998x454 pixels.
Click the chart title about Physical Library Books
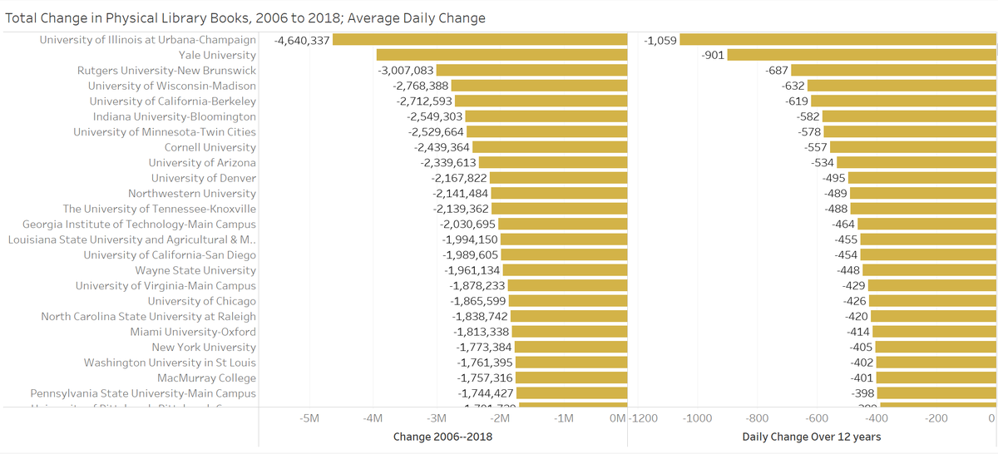pos(245,17)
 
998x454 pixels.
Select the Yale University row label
pos(217,55)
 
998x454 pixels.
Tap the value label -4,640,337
pos(302,40)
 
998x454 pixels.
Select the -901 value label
pos(714,55)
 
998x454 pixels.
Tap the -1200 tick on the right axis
pos(643,418)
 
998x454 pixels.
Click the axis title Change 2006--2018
pos(442,437)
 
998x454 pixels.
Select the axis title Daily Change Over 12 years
pos(811,437)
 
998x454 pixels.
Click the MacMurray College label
pos(206,378)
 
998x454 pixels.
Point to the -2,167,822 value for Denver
pos(460,178)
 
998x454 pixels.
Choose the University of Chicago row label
pos(202,301)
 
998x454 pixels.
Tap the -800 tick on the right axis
pos(758,418)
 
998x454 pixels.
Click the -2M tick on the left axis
pos(500,418)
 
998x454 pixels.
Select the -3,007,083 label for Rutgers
pos(405,71)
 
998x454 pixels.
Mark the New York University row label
pos(204,347)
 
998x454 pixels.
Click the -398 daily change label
pos(862,393)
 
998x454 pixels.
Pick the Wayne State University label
pos(195,270)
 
